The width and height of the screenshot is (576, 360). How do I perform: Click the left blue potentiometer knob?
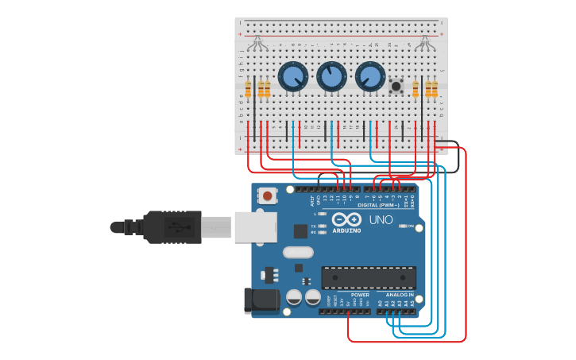292,77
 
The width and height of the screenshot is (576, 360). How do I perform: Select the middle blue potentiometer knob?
331,77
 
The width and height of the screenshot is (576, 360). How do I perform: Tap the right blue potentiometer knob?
370,77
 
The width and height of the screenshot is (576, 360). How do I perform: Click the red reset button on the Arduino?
268,195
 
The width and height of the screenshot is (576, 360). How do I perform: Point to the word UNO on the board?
381,219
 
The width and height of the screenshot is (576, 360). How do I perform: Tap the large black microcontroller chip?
369,277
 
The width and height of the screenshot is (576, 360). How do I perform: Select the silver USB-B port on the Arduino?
255,226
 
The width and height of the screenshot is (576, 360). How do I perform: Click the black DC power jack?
261,300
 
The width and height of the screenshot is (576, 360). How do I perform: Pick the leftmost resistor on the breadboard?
248,88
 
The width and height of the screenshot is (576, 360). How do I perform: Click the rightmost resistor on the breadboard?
435,88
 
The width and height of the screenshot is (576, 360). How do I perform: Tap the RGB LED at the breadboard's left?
257,43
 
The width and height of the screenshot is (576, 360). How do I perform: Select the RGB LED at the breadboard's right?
425,43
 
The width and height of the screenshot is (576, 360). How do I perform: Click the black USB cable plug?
172,226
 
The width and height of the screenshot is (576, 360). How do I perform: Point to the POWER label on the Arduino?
360,295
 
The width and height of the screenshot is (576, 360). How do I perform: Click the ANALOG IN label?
400,295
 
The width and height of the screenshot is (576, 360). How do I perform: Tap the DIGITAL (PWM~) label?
378,205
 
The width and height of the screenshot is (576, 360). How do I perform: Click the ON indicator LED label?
412,226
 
